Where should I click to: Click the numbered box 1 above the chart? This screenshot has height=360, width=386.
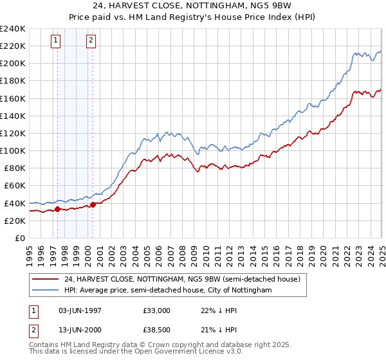pos(56,40)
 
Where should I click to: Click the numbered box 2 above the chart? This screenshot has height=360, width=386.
pos(91,40)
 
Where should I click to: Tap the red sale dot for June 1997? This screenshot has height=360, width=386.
pos(57,209)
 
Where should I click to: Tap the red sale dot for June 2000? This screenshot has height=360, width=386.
pos(93,204)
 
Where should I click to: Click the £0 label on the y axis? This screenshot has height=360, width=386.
pos(19,238)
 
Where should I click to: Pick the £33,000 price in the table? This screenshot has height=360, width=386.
pos(157,310)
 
